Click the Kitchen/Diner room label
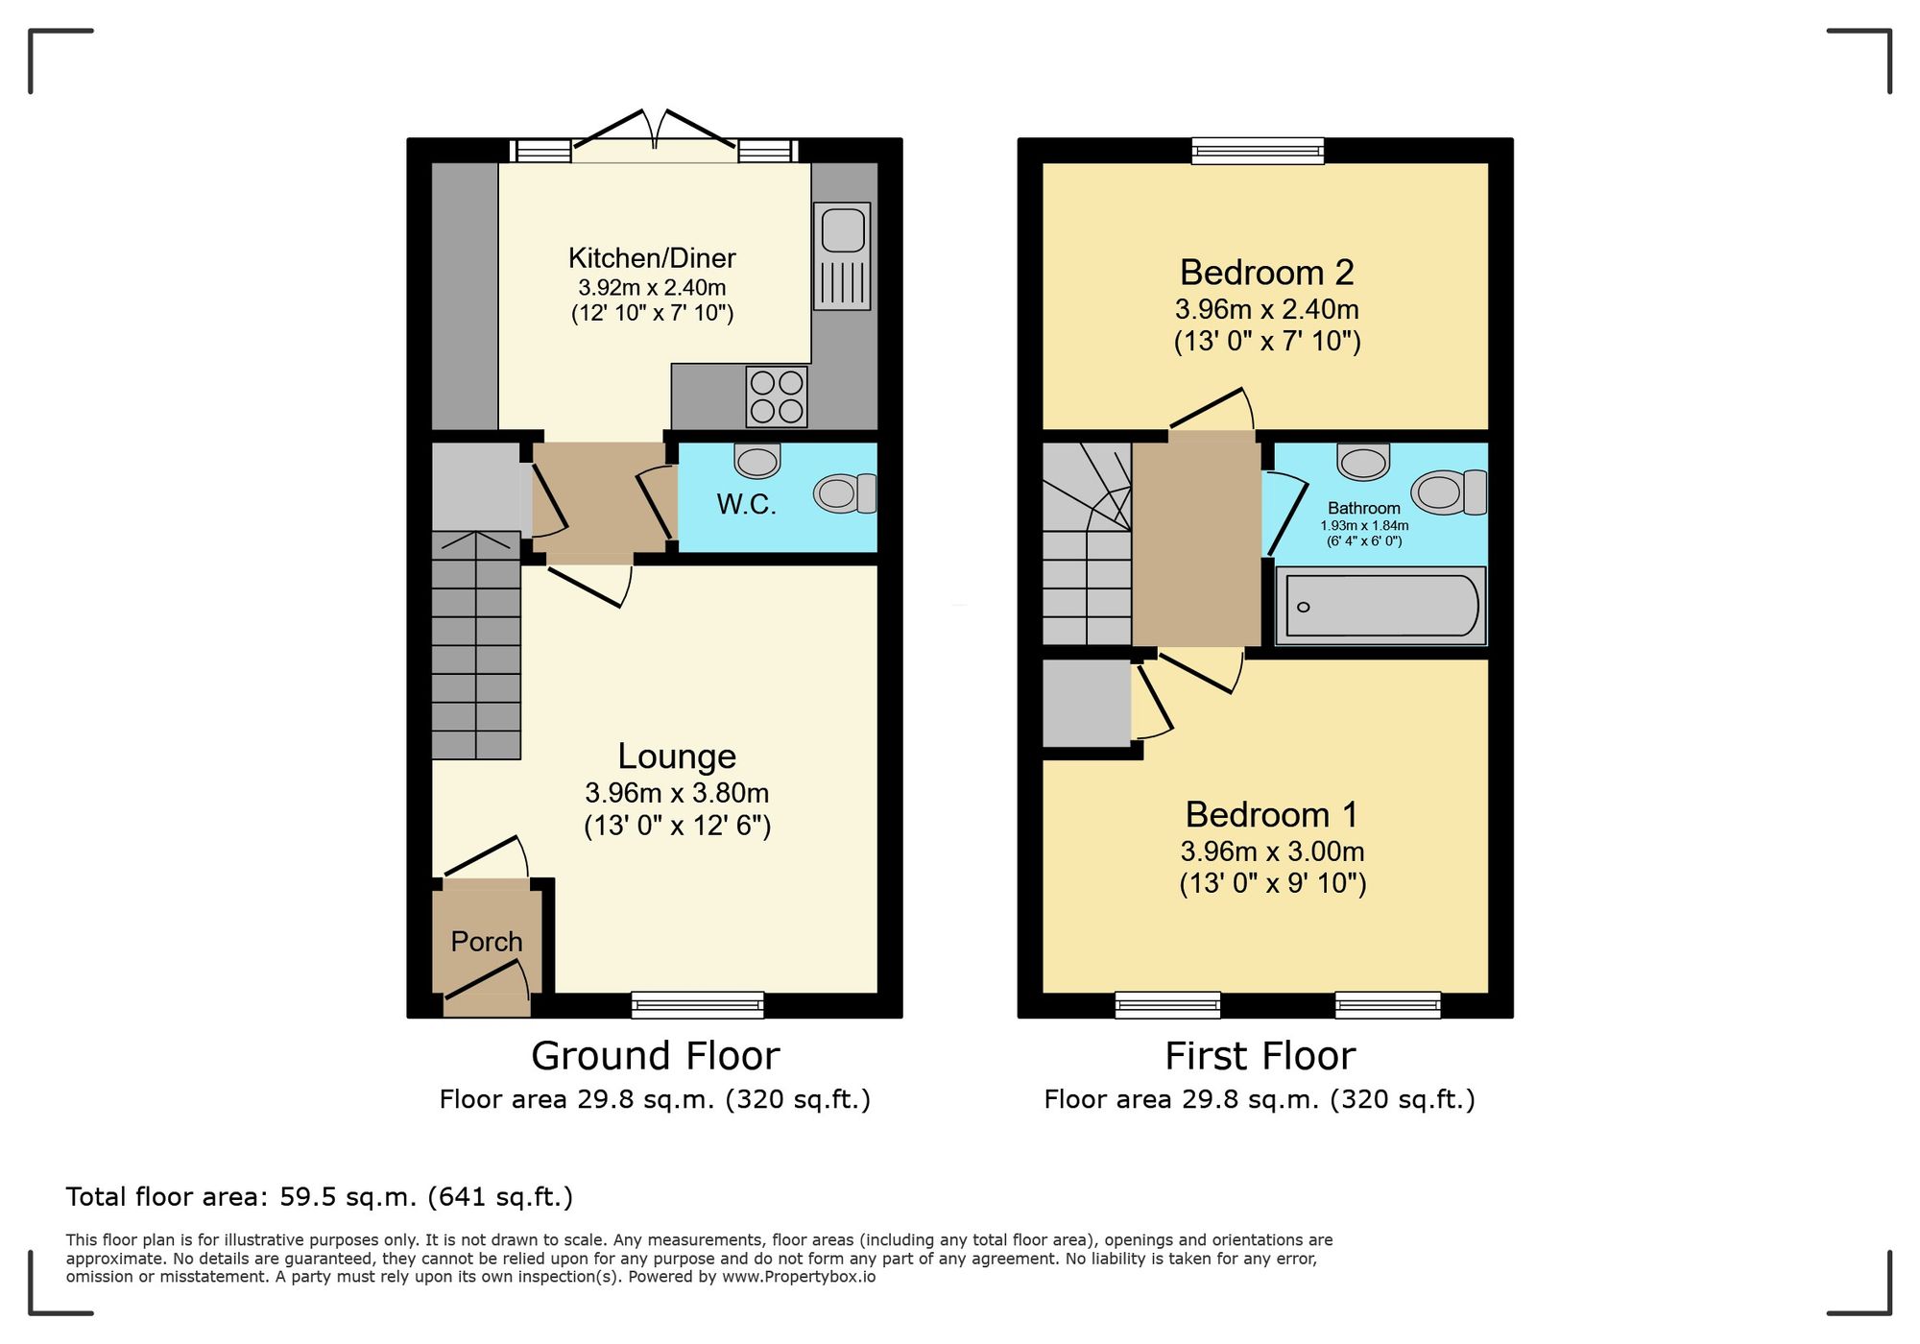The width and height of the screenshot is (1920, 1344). tap(652, 258)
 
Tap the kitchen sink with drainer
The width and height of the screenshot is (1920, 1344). tap(842, 255)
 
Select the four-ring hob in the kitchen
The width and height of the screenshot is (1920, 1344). tap(777, 396)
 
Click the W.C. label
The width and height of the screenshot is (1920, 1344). tap(746, 504)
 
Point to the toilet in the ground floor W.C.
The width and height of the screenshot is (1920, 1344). tap(845, 493)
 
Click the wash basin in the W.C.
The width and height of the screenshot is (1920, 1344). tap(757, 461)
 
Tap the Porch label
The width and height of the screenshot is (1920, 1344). tap(487, 942)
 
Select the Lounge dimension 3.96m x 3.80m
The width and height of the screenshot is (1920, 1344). tap(677, 793)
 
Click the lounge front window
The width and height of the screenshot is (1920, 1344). tap(698, 1004)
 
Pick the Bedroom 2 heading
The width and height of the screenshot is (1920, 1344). tap(1266, 273)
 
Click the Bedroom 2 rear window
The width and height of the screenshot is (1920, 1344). tap(1258, 151)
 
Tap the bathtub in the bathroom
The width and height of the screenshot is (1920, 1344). tap(1380, 606)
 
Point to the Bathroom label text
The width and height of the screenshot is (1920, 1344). tap(1363, 508)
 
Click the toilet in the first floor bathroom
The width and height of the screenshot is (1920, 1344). tap(1449, 492)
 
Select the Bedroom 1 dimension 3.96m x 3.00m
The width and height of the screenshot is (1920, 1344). tap(1272, 852)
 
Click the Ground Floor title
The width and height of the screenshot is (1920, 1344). tap(655, 1056)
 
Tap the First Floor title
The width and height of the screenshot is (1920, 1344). tap(1260, 1056)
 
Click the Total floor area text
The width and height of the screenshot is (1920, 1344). tap(319, 1197)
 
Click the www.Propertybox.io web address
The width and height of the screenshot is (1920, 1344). tap(799, 1277)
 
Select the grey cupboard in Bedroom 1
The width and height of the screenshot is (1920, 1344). tap(1087, 703)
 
